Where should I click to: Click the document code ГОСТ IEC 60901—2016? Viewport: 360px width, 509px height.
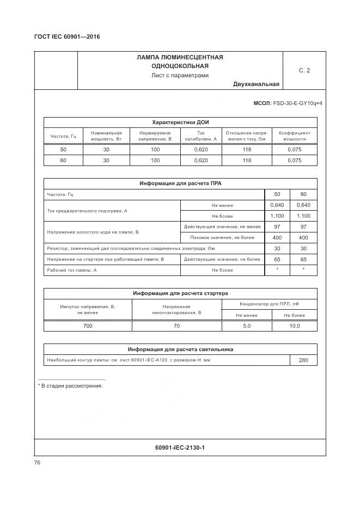[x=67, y=36]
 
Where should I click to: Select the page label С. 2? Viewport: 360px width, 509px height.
[x=304, y=70]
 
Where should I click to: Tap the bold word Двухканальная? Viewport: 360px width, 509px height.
[x=256, y=84]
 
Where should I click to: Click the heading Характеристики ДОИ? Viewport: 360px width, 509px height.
[x=180, y=122]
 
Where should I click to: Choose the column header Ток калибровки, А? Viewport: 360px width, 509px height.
[x=201, y=136]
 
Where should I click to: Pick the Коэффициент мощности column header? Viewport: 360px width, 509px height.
[x=294, y=136]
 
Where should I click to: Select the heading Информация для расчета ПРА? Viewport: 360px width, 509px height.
[x=180, y=183]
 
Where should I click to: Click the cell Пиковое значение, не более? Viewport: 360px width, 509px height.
[x=222, y=237]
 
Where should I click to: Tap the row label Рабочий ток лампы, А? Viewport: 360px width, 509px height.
[x=72, y=270]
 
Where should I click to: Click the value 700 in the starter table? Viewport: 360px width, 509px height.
[x=88, y=326]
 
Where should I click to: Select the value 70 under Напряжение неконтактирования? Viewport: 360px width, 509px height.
[x=176, y=326]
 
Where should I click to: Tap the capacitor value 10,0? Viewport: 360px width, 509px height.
[x=294, y=326]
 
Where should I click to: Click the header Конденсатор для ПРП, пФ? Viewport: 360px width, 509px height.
[x=270, y=304]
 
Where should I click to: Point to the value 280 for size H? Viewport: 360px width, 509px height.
[x=303, y=360]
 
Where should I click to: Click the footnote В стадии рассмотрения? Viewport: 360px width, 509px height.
[x=70, y=385]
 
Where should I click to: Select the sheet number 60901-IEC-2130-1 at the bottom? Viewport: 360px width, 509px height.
[x=180, y=447]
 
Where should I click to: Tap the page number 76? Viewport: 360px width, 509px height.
[x=37, y=462]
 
